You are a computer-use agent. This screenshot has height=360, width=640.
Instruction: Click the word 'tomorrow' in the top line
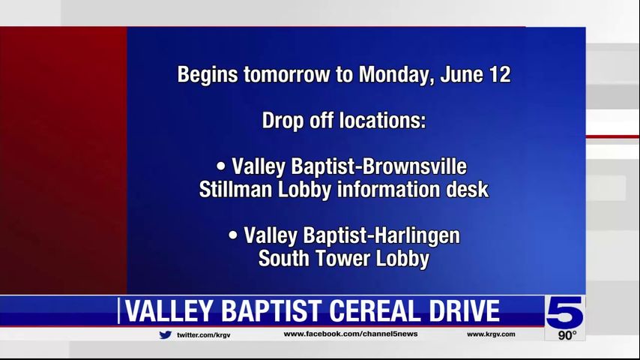tap(286, 75)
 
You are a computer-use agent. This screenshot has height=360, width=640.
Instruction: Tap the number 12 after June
tap(500, 74)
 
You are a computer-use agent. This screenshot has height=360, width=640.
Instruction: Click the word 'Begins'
tap(208, 76)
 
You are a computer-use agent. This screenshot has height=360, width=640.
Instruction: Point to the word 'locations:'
tap(383, 121)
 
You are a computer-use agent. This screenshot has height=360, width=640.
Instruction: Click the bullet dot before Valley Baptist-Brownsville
tap(221, 166)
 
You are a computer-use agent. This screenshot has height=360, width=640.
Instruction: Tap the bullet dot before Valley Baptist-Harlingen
tap(233, 235)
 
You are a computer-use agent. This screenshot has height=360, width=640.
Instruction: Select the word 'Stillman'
tap(235, 190)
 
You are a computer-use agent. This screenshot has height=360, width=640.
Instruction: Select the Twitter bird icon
tap(166, 334)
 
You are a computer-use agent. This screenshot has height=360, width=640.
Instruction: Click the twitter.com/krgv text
tap(204, 335)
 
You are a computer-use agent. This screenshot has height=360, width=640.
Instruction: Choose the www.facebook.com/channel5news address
tap(351, 334)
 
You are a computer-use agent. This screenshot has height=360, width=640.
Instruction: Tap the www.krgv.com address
tap(491, 334)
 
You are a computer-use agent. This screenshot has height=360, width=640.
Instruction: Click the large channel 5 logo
tap(565, 312)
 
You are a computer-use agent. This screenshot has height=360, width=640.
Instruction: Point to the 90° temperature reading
tap(567, 335)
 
